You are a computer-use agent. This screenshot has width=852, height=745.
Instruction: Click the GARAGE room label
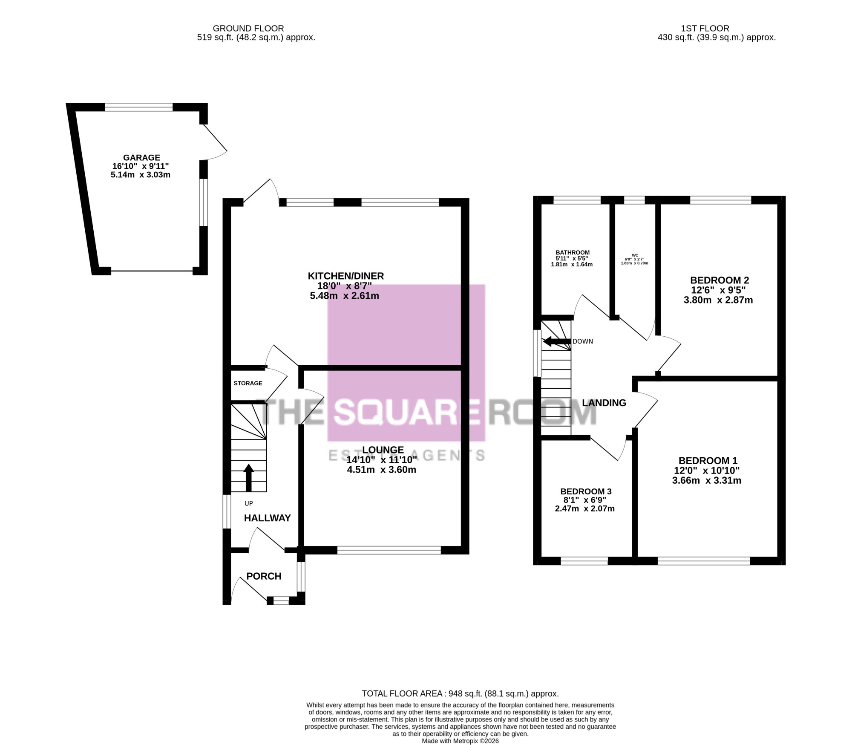pyautogui.click(x=141, y=158)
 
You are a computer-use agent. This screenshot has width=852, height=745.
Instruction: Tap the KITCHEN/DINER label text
pyautogui.click(x=346, y=276)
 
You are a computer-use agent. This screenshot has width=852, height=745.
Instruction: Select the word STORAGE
pyautogui.click(x=248, y=383)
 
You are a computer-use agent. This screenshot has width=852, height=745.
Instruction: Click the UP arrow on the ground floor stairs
pyautogui.click(x=249, y=477)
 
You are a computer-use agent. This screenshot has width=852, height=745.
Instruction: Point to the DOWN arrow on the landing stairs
pyautogui.click(x=556, y=341)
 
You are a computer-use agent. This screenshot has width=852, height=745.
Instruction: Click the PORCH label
pyautogui.click(x=264, y=576)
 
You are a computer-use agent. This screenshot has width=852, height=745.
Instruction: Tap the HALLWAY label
pyautogui.click(x=267, y=518)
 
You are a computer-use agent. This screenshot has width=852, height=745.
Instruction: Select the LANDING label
pyautogui.click(x=604, y=403)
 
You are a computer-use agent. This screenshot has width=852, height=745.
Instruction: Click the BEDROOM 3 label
pyautogui.click(x=586, y=492)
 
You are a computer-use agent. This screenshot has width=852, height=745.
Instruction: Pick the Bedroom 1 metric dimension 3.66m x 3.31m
pyautogui.click(x=707, y=481)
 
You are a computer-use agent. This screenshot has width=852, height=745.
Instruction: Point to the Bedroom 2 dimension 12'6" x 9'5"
pyautogui.click(x=719, y=290)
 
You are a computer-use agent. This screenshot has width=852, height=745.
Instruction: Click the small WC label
pyautogui.click(x=635, y=255)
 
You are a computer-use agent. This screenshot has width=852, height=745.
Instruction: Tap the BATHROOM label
pyautogui.click(x=573, y=253)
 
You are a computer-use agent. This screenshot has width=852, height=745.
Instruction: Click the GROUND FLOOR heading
pyautogui.click(x=248, y=29)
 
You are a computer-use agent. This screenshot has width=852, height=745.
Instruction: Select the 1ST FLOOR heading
pyautogui.click(x=705, y=29)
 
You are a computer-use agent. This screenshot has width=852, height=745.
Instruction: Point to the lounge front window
pyautogui.click(x=389, y=551)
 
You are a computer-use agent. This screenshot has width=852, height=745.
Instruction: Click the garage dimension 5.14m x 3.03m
pyautogui.click(x=141, y=175)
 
